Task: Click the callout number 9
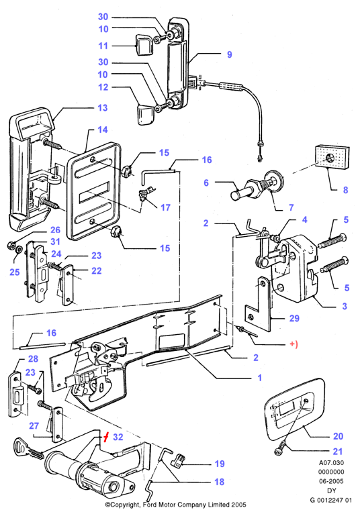click(x=230, y=54)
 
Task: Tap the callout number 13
click(x=102, y=107)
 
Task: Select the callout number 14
click(x=102, y=130)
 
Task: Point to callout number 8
click(x=345, y=190)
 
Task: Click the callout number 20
click(x=338, y=436)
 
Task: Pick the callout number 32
click(x=118, y=437)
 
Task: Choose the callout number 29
click(x=294, y=318)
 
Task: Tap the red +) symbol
click(x=294, y=344)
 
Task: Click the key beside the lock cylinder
click(x=29, y=450)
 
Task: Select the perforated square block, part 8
click(x=332, y=157)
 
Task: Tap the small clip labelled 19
click(x=178, y=460)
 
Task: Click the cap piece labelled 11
click(x=143, y=46)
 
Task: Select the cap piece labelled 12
click(x=144, y=114)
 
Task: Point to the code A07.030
click(x=331, y=463)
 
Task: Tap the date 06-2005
click(x=331, y=481)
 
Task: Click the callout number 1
click(x=259, y=378)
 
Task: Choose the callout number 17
click(x=165, y=207)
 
